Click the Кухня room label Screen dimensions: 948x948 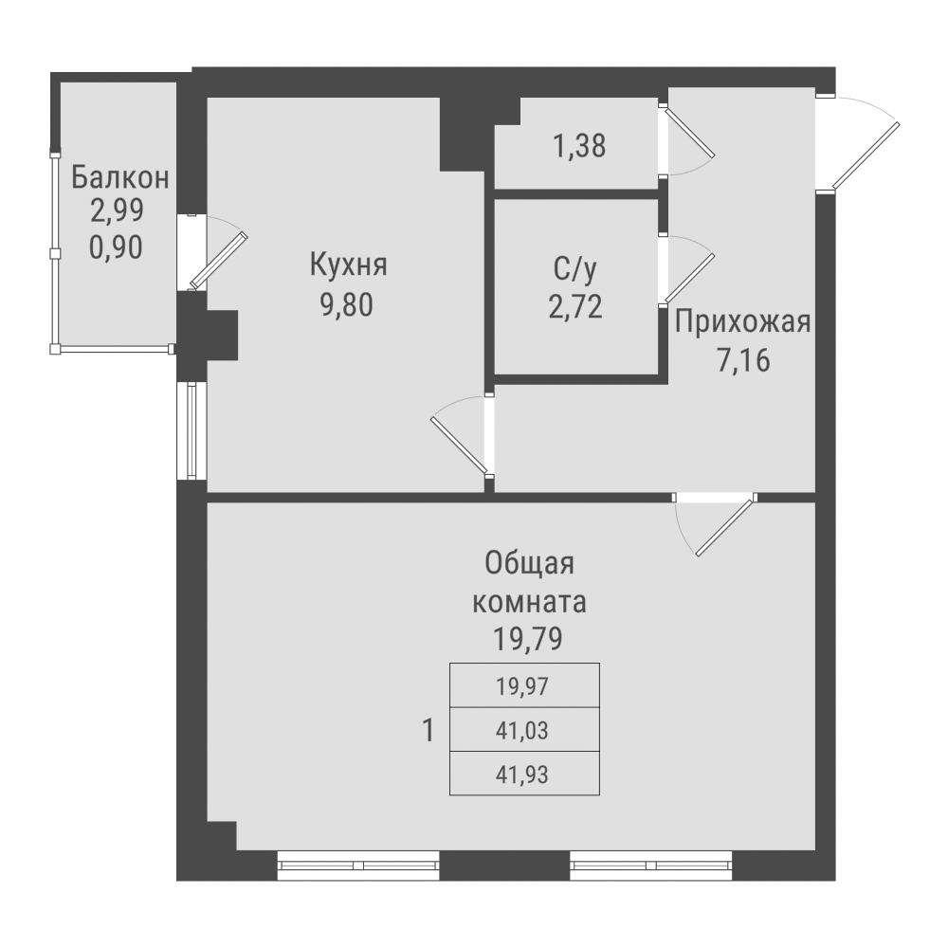point(349,264)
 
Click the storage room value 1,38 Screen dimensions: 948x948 point(578,146)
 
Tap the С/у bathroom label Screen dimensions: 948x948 point(575,270)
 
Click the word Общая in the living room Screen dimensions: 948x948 point(530,564)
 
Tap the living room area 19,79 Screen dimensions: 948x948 point(529,638)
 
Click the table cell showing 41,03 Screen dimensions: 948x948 point(523,730)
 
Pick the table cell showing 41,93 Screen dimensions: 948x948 point(523,774)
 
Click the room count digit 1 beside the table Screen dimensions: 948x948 point(428,730)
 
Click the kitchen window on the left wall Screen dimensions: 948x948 point(191,430)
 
